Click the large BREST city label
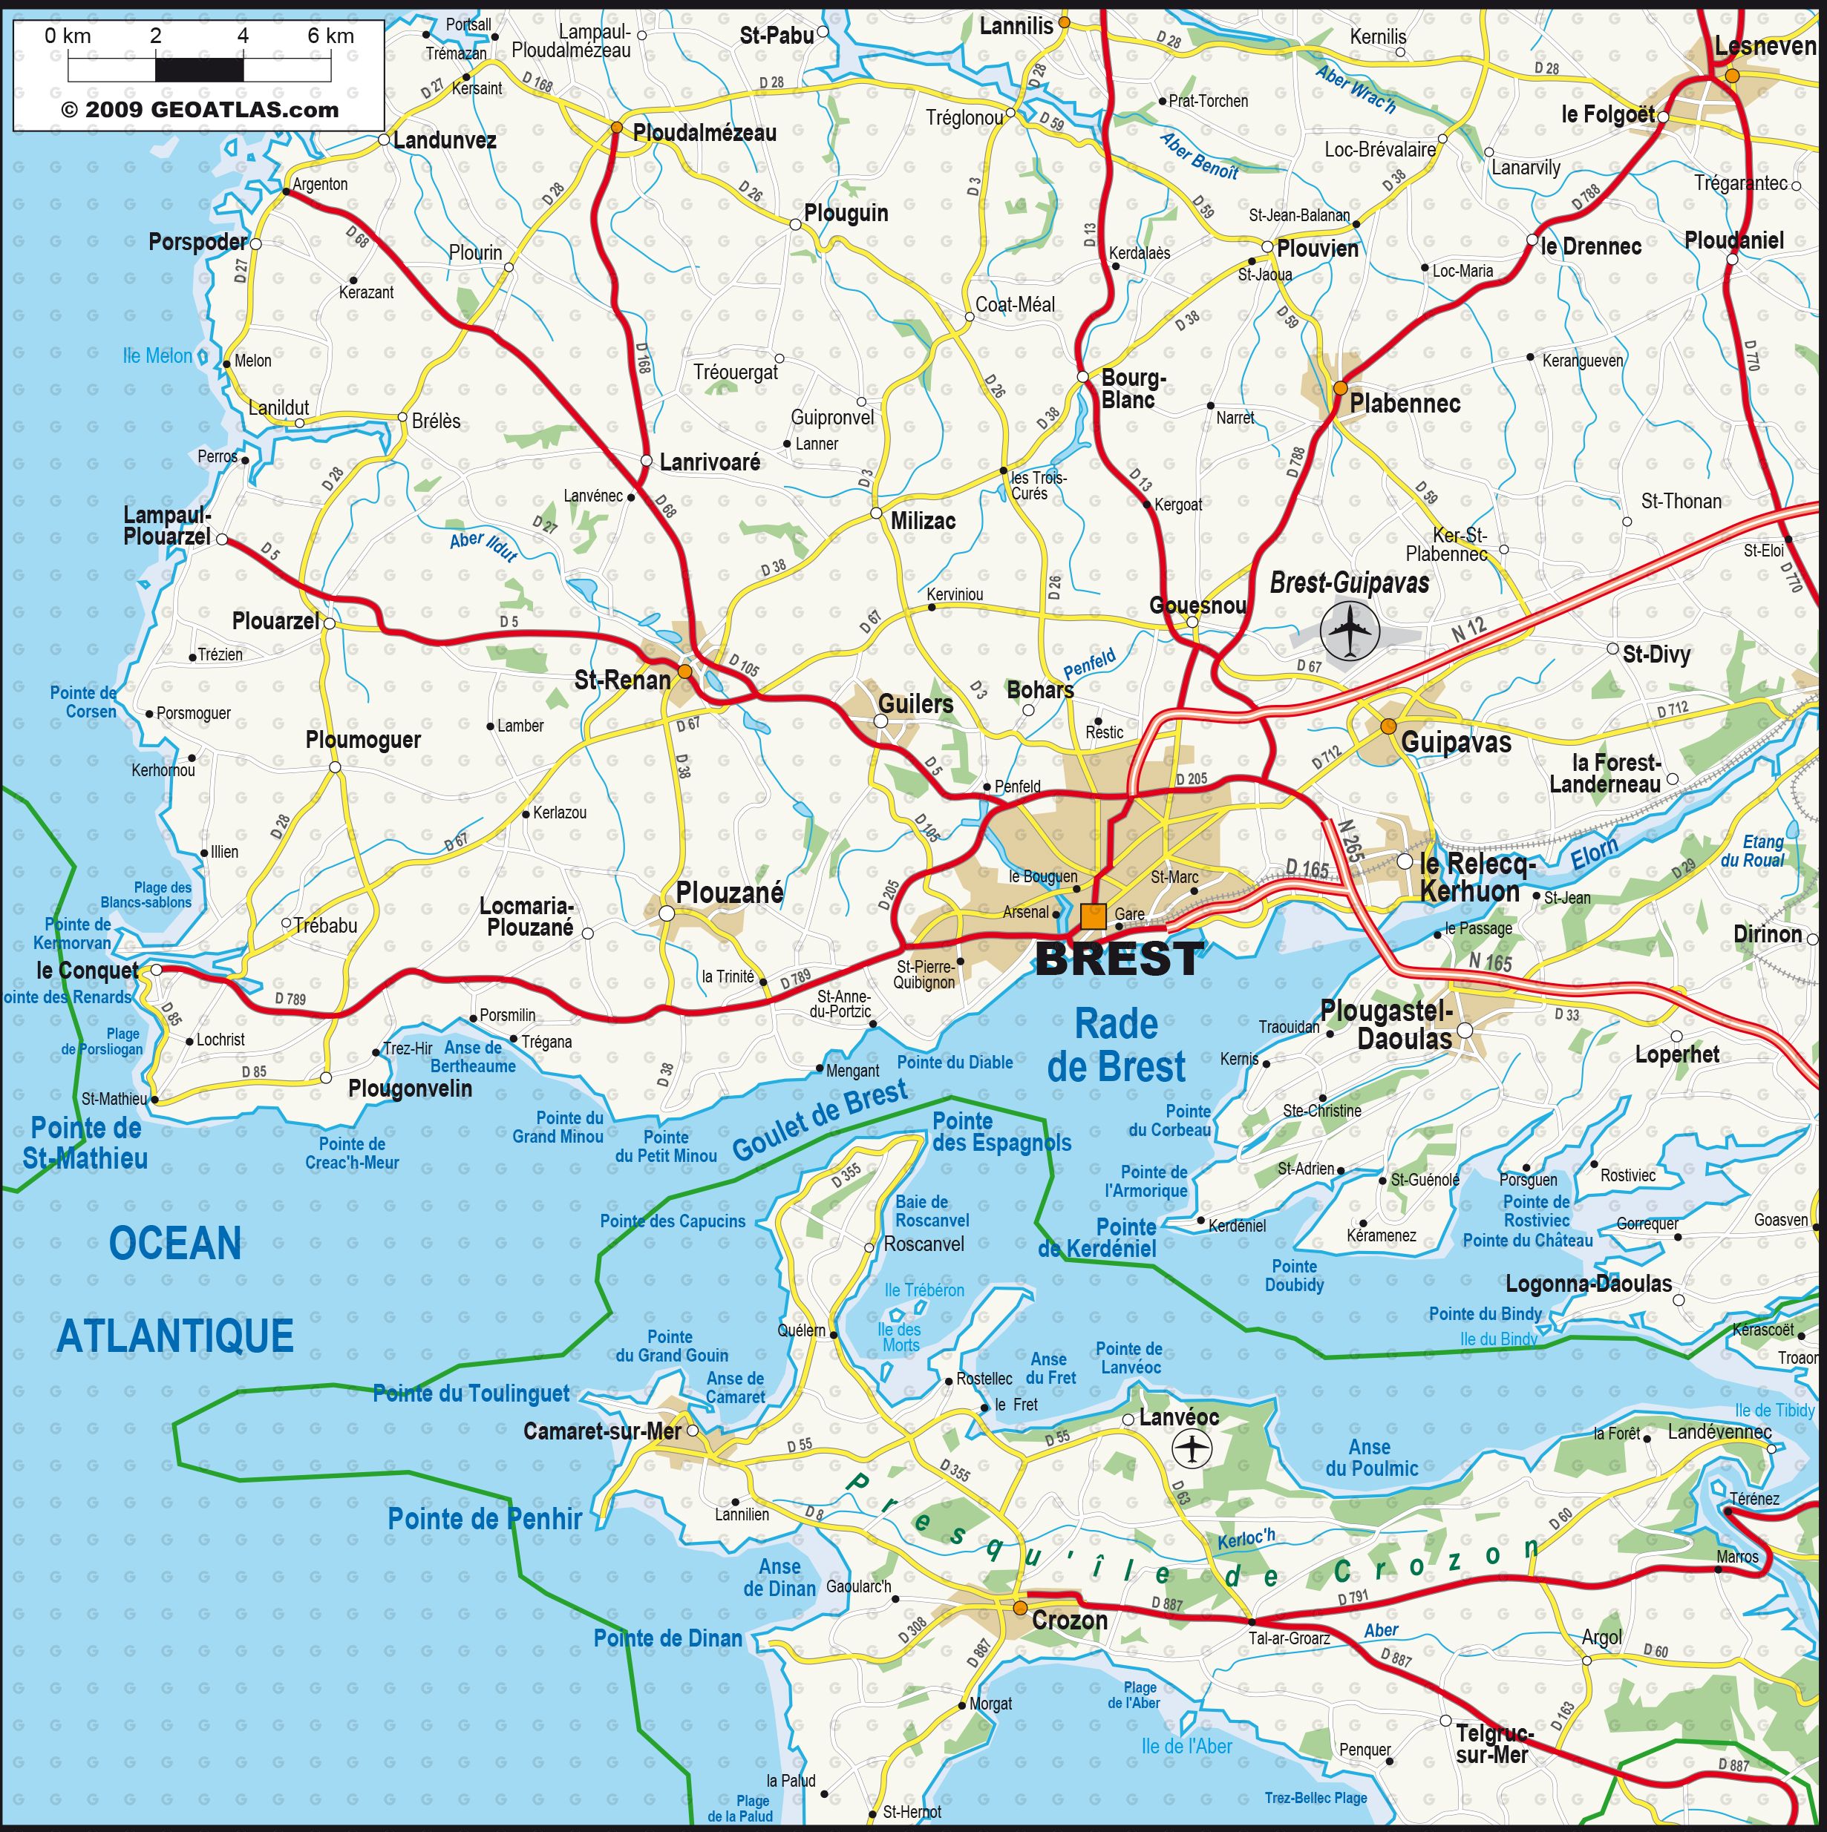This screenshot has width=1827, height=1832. tap(1120, 959)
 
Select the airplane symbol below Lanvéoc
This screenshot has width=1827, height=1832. tap(1192, 1448)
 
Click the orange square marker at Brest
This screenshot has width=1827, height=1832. tap(1093, 916)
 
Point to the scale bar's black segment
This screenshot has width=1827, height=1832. tap(199, 69)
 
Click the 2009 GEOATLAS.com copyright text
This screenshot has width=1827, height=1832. tap(199, 110)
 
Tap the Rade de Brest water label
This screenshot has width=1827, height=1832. tap(1116, 1045)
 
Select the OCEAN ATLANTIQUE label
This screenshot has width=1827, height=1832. tap(175, 1290)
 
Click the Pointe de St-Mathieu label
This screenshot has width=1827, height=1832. tap(85, 1143)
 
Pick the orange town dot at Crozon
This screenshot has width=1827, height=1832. tap(1020, 1608)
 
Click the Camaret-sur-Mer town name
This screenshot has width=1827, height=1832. tap(601, 1431)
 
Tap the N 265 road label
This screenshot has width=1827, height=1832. tap(1351, 840)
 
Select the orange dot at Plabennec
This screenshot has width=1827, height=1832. tap(1339, 388)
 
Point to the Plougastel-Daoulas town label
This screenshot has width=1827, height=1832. tap(1387, 1024)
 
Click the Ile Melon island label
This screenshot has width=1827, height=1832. tap(157, 355)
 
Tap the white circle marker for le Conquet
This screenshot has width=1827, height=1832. tap(157, 969)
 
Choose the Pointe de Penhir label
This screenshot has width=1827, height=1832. tap(485, 1519)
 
